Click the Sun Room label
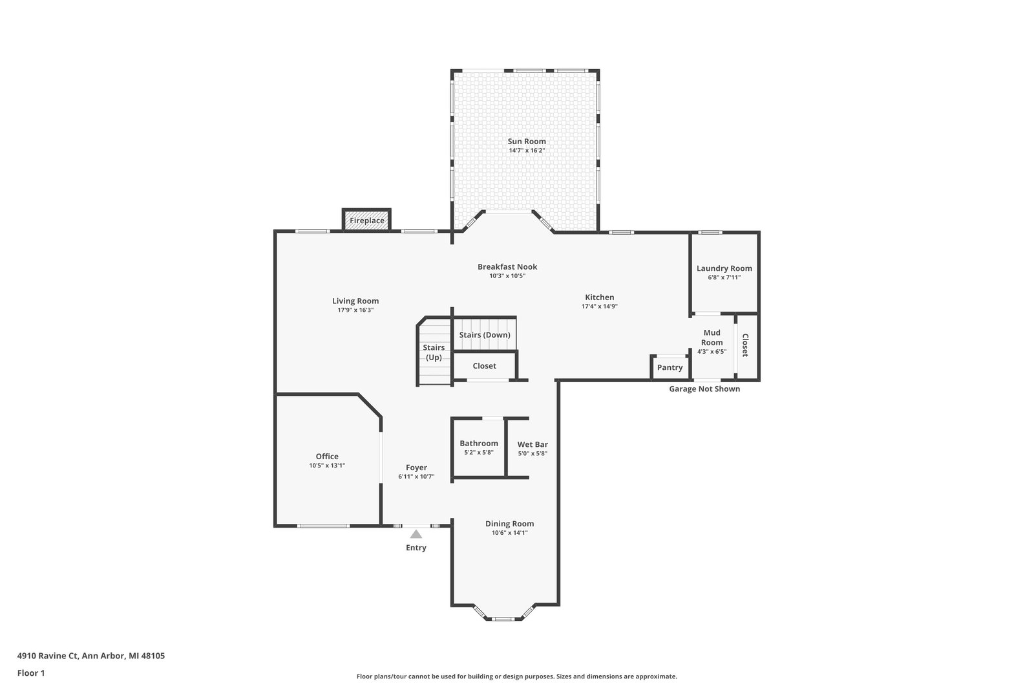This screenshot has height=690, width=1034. [x=527, y=142]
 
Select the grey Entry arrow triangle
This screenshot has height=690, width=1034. [x=416, y=534]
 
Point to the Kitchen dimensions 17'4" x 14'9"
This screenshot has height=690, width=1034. [x=600, y=307]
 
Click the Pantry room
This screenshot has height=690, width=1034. [x=670, y=367]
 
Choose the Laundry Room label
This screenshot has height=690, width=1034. [x=724, y=268]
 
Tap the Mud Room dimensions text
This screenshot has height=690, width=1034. [x=712, y=351]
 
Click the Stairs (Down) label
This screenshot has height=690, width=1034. [x=485, y=335]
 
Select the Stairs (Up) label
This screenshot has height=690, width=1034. [x=434, y=352]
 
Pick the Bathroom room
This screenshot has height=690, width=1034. [x=479, y=447]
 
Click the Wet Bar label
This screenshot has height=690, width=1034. [x=533, y=444]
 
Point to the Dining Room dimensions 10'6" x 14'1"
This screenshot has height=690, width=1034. [x=510, y=532]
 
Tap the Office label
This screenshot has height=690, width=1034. [x=327, y=457]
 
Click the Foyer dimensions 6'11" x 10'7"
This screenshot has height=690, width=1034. [x=416, y=477]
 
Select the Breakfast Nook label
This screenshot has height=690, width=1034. [x=507, y=266]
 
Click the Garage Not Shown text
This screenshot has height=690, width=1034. [x=704, y=389]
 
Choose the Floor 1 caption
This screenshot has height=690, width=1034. [x=31, y=673]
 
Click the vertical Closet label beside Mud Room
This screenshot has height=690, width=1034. [x=745, y=345]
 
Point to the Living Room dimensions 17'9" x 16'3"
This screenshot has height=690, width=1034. [x=355, y=310]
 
